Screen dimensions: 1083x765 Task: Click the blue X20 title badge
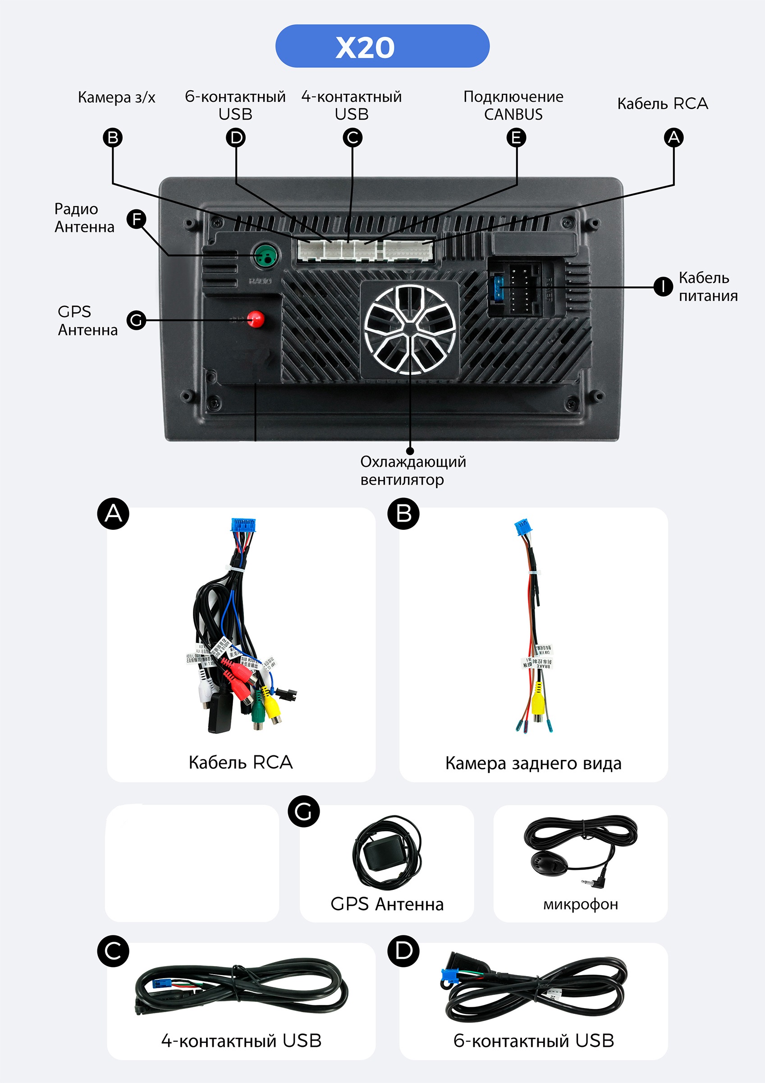382,46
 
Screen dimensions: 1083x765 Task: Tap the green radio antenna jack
265,256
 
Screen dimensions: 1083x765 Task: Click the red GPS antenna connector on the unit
256,319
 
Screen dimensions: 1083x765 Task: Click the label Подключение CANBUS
513,105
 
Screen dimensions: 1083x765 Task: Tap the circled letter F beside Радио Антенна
137,219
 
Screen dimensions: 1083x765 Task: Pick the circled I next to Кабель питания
663,286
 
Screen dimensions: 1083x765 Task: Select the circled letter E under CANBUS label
516,138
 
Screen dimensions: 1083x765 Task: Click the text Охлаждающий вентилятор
413,470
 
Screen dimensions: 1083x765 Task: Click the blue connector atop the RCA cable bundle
243,525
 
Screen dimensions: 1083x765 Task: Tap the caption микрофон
580,904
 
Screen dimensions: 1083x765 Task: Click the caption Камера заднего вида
533,763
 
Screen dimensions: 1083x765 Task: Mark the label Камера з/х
116,97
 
